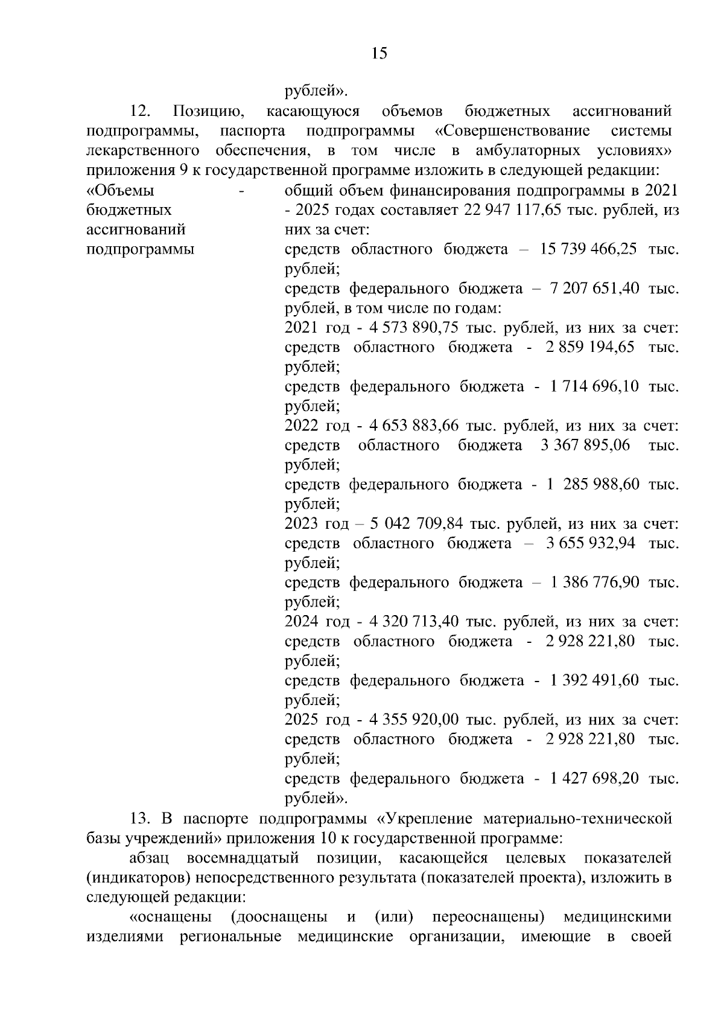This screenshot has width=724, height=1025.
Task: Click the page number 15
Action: pos(379,54)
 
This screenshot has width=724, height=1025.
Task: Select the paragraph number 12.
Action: pos(141,112)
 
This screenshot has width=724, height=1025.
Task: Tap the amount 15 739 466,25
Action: pos(588,249)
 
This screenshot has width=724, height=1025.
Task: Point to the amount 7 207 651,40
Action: pos(594,289)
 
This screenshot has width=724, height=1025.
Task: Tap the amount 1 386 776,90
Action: pos(594,583)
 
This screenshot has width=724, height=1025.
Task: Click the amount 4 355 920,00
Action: pos(413,720)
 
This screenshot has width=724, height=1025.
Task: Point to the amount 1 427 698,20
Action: pos(594,779)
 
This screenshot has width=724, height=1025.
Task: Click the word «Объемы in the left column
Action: pos(121,191)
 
